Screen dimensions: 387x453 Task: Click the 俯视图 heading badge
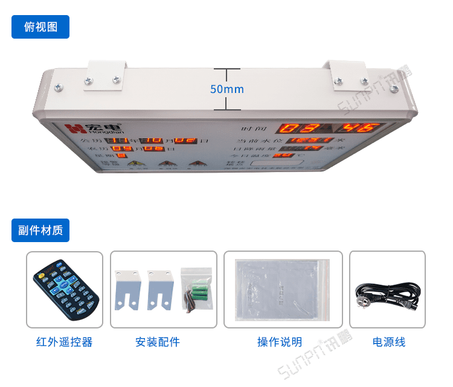click(x=40, y=27)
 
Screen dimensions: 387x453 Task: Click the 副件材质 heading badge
click(x=40, y=231)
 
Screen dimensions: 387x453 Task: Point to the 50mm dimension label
click(x=226, y=89)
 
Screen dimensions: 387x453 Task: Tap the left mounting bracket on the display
click(x=106, y=74)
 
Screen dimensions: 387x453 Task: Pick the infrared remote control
click(x=65, y=289)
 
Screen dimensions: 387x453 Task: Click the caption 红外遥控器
click(x=64, y=342)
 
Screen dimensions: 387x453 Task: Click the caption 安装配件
click(x=158, y=342)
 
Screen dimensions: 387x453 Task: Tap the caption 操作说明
click(x=280, y=342)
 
